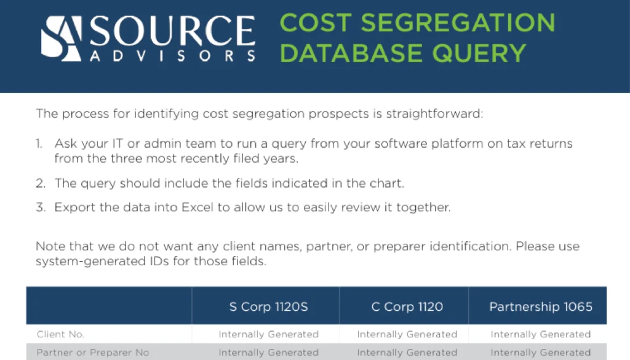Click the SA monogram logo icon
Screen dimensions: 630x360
click(61, 39)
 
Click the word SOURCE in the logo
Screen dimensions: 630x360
click(172, 31)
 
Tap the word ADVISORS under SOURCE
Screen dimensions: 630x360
click(173, 56)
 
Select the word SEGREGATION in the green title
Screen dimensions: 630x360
click(458, 23)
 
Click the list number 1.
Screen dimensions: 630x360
click(39, 143)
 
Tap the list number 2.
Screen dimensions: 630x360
click(40, 183)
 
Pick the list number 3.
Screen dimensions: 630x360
click(41, 207)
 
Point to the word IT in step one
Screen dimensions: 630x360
click(118, 143)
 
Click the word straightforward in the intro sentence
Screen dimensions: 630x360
click(434, 114)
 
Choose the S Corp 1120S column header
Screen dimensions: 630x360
click(268, 307)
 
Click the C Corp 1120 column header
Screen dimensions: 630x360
click(407, 307)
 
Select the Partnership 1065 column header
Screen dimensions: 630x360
click(541, 307)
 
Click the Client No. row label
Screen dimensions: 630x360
click(61, 334)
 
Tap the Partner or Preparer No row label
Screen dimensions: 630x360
click(93, 353)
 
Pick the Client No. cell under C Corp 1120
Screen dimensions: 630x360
click(407, 334)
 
